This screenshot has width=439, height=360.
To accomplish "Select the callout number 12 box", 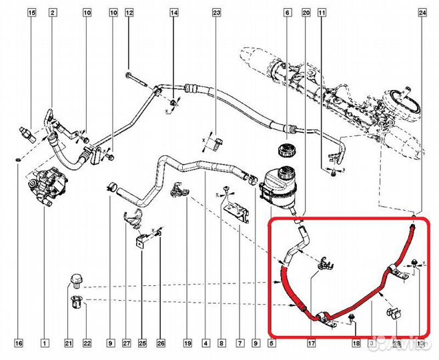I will (x=129, y=13).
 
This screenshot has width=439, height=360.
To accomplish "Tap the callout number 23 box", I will (x=216, y=13).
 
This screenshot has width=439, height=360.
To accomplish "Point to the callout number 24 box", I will (x=422, y=13).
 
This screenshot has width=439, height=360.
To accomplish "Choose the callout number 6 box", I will (x=288, y=13).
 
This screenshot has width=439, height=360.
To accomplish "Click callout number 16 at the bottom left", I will (x=19, y=344).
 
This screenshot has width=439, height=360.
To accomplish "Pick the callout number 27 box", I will (x=125, y=344).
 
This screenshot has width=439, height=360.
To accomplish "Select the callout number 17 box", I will (x=311, y=344).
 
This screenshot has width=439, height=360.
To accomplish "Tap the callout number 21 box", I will (x=67, y=344).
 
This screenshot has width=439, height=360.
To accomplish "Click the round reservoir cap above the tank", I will (x=286, y=149).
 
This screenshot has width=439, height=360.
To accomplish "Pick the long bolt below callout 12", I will (x=136, y=81).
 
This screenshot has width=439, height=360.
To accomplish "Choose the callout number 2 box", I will (x=53, y=13).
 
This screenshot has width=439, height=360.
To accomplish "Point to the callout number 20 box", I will (x=306, y=13).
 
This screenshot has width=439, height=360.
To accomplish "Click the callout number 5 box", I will (x=272, y=344).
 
